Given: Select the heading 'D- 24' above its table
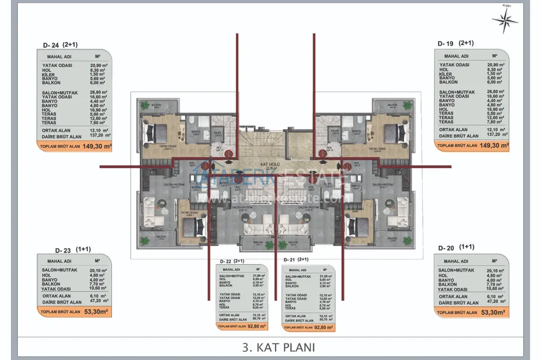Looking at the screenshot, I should pyautogui.click(x=52, y=45).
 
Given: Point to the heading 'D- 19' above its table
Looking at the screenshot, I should pyautogui.click(x=446, y=44).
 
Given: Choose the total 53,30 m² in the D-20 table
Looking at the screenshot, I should pyautogui.click(x=492, y=313).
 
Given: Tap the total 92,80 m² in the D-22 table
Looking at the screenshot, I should pyautogui.click(x=255, y=326).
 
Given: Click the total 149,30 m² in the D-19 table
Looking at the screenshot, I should pyautogui.click(x=495, y=146).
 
